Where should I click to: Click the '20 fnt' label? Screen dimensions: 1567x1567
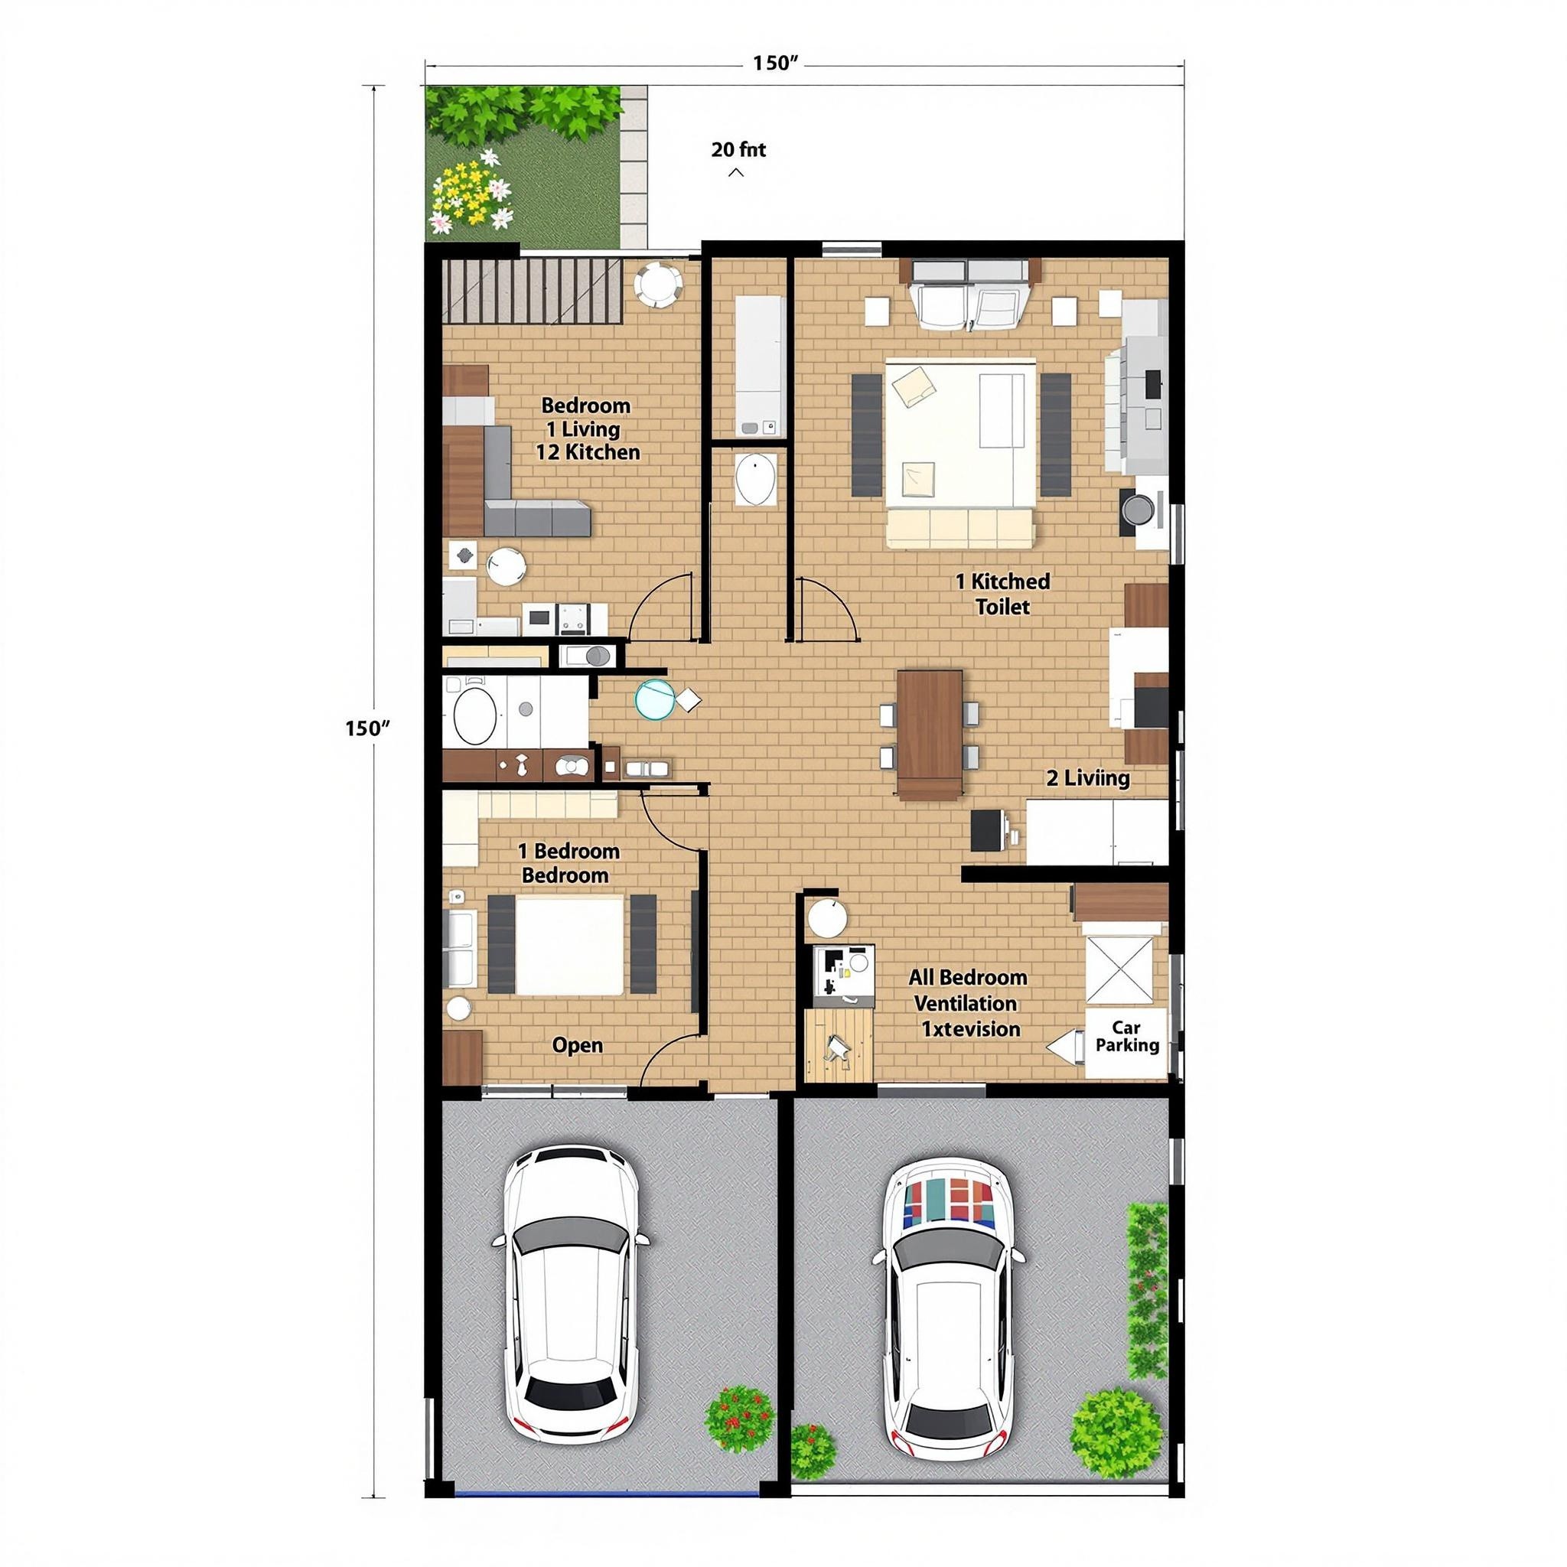pyautogui.click(x=738, y=150)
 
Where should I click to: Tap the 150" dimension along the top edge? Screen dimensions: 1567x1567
pyautogui.click(x=776, y=64)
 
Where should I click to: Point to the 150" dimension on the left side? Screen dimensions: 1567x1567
pyautogui.click(x=367, y=728)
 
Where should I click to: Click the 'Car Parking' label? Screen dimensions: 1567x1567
pyautogui.click(x=1126, y=1037)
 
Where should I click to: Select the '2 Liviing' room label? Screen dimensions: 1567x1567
pyautogui.click(x=1088, y=779)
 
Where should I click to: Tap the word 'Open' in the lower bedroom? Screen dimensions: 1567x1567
pyautogui.click(x=578, y=1044)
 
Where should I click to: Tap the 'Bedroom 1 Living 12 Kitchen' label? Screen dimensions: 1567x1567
pyautogui.click(x=587, y=429)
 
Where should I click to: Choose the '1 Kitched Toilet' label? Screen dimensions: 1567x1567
pyautogui.click(x=1002, y=594)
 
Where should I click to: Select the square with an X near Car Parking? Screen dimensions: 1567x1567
pyautogui.click(x=1119, y=969)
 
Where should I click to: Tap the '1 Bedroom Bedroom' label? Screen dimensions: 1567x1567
pyautogui.click(x=568, y=863)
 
